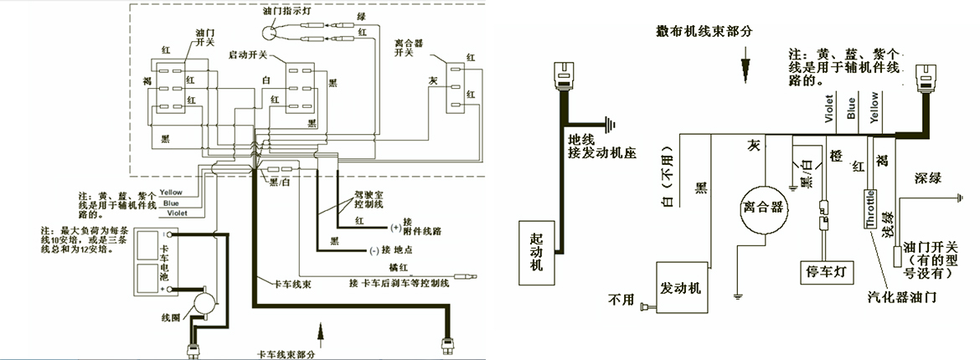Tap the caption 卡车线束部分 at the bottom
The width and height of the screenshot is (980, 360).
(x=287, y=352)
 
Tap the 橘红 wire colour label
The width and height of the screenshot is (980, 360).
(x=397, y=266)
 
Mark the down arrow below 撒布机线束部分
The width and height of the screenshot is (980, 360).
(x=744, y=66)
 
